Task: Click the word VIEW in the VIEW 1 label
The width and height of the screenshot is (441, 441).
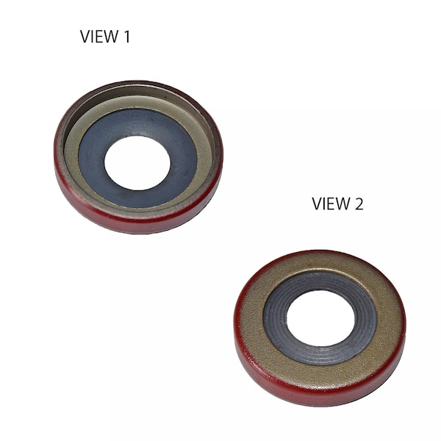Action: pos(98,37)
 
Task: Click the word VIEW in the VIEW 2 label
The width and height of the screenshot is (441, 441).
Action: pos(331,204)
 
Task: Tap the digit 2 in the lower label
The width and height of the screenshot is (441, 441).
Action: pos(358,204)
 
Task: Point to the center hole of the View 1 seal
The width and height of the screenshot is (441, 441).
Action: pos(137,162)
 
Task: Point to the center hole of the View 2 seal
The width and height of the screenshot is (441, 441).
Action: pos(320,318)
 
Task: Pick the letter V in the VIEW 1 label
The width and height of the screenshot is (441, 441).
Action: pos(85,37)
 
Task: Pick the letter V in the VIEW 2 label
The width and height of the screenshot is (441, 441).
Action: pos(317,204)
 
